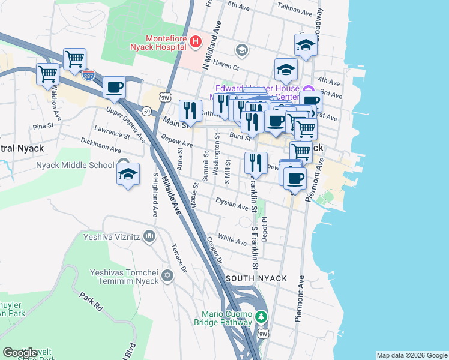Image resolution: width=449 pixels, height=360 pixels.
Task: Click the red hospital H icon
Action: (x=196, y=41)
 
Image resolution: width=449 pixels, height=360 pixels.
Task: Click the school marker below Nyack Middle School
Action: (x=128, y=175)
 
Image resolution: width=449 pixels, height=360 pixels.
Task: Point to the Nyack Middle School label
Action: (x=75, y=165)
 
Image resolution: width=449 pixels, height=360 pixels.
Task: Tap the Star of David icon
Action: (x=167, y=276)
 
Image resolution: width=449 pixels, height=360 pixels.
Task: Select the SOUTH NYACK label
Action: (x=256, y=279)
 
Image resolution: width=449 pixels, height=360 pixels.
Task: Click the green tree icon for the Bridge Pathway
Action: (x=261, y=316)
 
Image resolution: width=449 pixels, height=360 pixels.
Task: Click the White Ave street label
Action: (x=232, y=241)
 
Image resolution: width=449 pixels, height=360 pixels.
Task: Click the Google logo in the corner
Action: (x=20, y=353)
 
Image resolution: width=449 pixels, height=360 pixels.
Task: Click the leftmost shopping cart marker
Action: (x=47, y=75)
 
